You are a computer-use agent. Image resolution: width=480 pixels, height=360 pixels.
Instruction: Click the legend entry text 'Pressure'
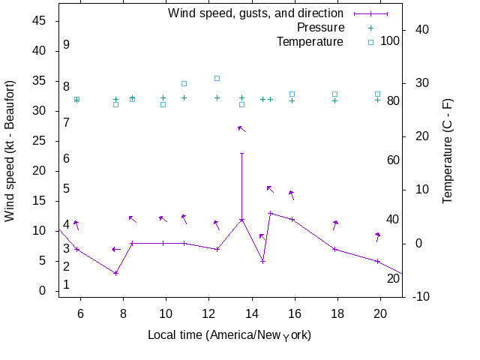point(320,27)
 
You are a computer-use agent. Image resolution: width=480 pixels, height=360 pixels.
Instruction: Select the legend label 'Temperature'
point(310,41)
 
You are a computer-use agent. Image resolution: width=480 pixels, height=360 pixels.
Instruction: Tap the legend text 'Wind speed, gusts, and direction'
point(255,13)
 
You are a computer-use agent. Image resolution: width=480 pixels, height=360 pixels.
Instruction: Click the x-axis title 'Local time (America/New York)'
point(229,334)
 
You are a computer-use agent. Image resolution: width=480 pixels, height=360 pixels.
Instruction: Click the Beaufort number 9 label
point(66,45)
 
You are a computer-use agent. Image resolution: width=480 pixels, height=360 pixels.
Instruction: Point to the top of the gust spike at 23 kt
point(241,153)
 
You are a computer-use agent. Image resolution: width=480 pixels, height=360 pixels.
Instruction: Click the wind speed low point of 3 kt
point(115,273)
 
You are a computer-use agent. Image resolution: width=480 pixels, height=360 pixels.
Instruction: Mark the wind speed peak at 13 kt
point(270,213)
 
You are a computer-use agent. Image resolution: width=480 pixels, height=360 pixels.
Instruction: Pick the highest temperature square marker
point(217,78)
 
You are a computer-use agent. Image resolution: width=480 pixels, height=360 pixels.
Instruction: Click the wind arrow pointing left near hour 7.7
point(115,249)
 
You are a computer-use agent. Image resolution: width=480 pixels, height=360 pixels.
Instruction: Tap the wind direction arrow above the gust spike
point(241,129)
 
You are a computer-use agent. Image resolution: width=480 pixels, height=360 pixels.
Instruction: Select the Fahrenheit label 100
point(390,40)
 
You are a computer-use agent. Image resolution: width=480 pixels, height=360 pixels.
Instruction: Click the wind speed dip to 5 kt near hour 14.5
point(262,261)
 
